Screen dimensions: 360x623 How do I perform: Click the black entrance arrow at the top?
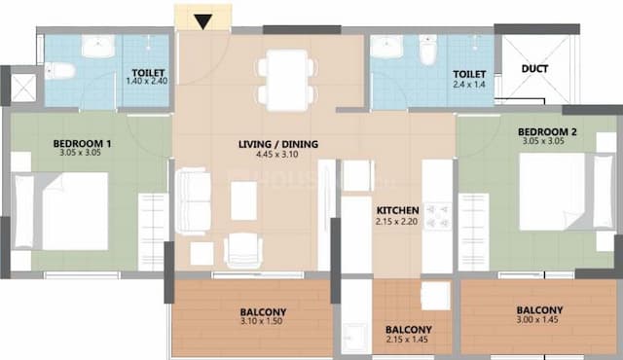pos(202,21)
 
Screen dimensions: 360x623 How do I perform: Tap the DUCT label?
pos(533,69)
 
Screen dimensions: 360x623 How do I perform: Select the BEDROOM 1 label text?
pos(82,144)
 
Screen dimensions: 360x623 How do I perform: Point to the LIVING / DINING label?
pos(278,145)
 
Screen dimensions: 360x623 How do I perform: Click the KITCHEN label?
pos(398,209)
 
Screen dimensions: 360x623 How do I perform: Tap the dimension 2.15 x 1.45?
pos(408,342)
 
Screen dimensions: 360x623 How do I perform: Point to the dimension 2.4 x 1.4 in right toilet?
pos(469,86)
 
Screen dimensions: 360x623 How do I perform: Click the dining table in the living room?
pos(286,81)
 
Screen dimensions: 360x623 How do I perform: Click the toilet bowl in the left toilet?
pos(60,70)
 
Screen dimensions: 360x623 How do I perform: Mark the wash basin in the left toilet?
pos(98,47)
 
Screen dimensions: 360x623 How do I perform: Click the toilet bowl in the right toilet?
pos(426,51)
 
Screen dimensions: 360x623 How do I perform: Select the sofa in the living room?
pos(193,202)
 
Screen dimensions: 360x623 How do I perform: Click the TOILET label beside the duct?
pos(469,73)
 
